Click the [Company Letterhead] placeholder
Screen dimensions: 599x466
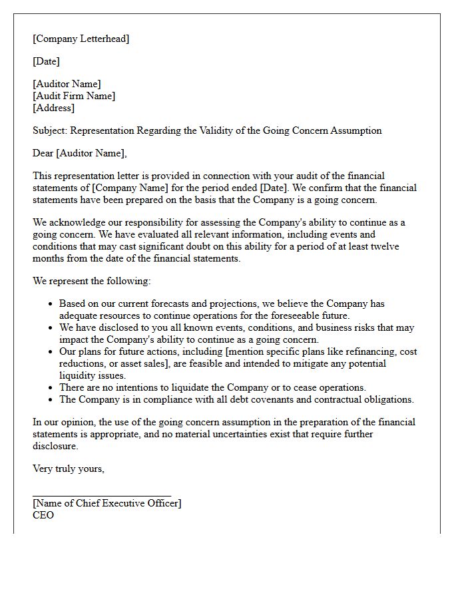point(81,39)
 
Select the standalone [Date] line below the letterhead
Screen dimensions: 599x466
point(46,61)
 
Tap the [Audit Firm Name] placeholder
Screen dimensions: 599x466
point(74,96)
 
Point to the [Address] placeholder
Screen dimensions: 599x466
point(54,108)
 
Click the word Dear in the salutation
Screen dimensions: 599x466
point(43,153)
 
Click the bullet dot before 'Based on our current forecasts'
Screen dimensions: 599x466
point(51,304)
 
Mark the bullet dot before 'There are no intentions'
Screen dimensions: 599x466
point(51,388)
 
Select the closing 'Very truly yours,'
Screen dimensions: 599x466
point(69,469)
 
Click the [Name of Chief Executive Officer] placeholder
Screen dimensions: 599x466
point(107,503)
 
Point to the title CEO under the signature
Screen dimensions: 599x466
point(43,515)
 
